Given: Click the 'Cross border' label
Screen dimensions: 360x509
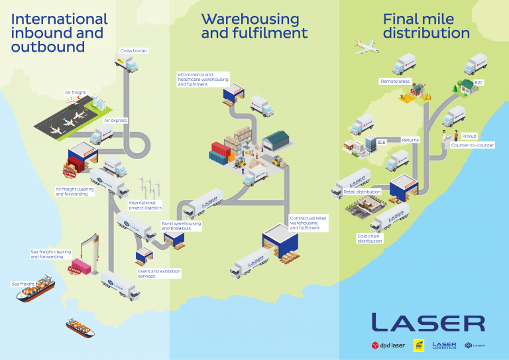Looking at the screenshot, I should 134,50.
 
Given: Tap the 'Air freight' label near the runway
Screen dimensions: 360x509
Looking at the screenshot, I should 75,92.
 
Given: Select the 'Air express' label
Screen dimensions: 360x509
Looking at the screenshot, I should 115,121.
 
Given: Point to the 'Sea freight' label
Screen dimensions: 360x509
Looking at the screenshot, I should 23,284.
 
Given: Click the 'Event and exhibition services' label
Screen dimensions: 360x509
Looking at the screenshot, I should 159,273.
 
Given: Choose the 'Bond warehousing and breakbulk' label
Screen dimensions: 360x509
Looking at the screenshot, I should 181,226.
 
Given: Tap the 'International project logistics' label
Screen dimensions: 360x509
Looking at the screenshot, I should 145,205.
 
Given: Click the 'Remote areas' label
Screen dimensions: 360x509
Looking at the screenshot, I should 395,82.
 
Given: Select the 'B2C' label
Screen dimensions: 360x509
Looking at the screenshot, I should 479,83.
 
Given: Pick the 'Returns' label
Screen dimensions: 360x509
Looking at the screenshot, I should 410,140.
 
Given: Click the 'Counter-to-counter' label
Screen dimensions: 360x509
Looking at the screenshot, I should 473,145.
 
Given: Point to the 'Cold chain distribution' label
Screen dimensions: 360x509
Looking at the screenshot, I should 370,238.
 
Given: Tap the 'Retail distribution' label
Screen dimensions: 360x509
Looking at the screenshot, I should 362,192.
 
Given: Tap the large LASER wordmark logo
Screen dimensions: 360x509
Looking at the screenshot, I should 427,323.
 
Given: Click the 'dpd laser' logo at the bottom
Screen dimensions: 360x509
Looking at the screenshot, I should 388,345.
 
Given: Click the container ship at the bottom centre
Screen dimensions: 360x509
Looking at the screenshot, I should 80,326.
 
